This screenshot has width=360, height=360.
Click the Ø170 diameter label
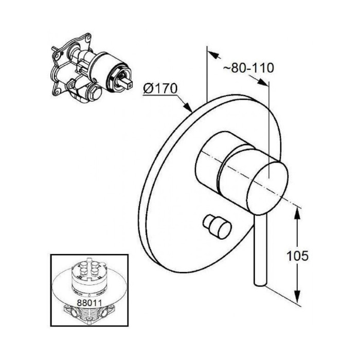coord(160,88)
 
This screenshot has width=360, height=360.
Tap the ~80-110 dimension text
coord(248,68)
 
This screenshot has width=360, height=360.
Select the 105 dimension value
coord(297,256)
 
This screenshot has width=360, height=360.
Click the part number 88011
coord(89,302)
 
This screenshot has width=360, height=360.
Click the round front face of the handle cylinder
coord(268,188)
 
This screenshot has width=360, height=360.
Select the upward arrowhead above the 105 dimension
coord(297,214)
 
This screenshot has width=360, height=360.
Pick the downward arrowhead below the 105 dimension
coord(297,297)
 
